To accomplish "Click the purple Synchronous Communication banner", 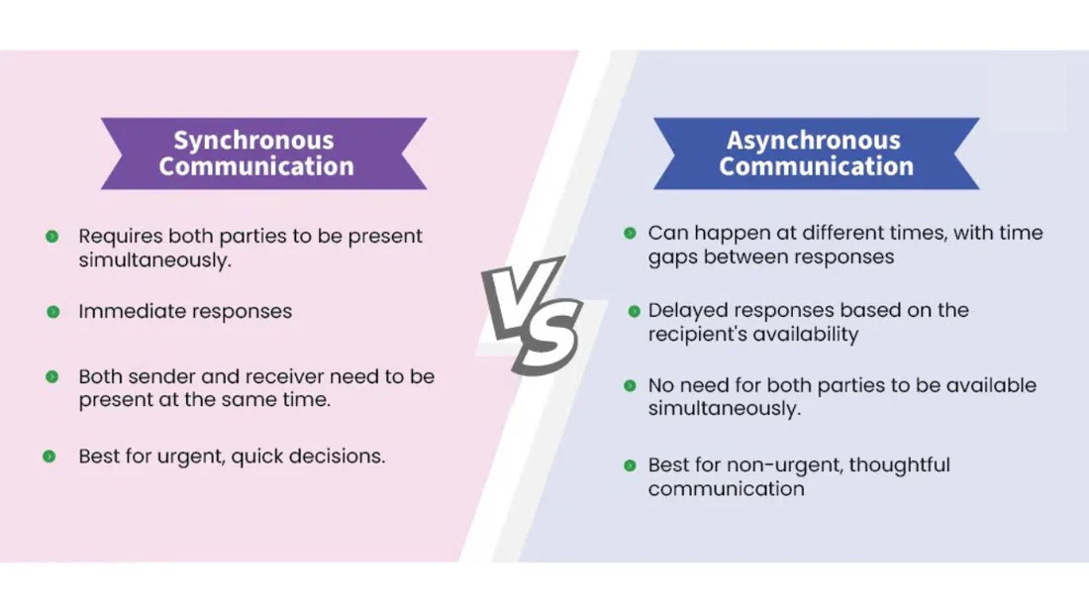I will coord(263,153).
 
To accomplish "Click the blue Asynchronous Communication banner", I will coord(816,153).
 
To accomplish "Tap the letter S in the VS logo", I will coord(546,337).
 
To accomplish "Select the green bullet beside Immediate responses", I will coord(52,312).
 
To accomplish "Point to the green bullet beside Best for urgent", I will coord(49,457).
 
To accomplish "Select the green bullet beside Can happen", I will coord(630,234).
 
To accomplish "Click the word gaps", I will coord(672,257).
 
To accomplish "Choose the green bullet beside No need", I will coord(630,385).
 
